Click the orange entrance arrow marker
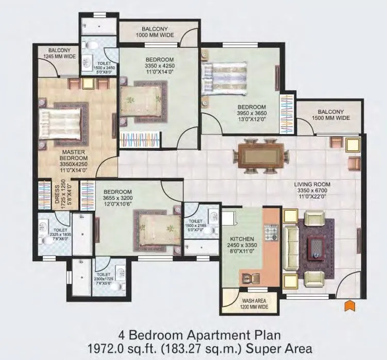(349, 305)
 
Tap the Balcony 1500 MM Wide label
(333, 114)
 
